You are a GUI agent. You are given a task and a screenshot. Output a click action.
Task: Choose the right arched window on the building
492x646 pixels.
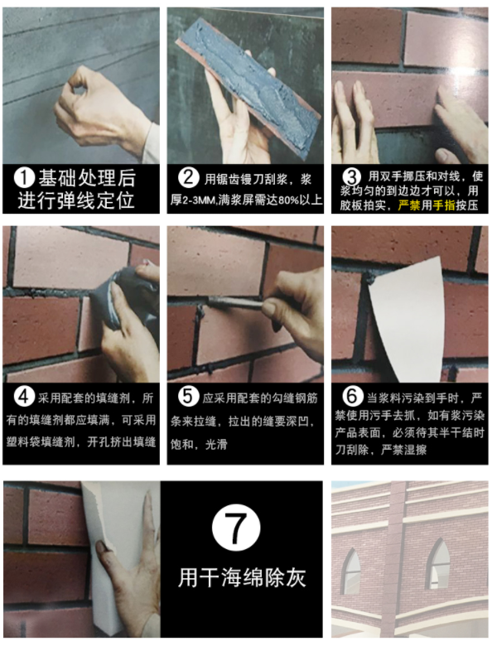[438, 563]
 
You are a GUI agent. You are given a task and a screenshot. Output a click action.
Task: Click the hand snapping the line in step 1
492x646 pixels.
[104, 108]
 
